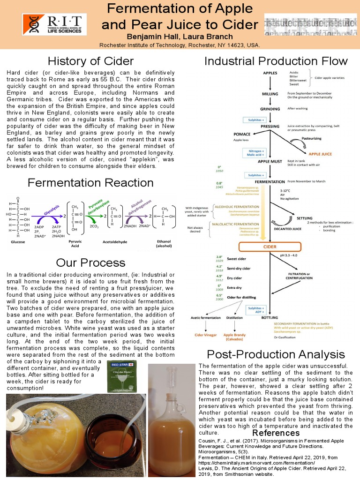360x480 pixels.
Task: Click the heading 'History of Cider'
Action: pos(90,61)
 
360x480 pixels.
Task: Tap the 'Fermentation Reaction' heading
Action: pos(90,182)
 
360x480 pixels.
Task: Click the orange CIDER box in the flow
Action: pos(270,247)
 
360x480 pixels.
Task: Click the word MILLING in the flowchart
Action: pos(270,94)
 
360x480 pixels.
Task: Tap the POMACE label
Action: pos(242,134)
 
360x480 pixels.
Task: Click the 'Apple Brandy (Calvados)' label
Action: pos(235,337)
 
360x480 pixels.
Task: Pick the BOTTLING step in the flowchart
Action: pos(270,317)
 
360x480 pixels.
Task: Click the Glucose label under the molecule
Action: pos(18,242)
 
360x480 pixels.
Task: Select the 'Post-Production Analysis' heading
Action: pos(276,354)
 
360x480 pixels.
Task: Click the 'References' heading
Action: pos(275,433)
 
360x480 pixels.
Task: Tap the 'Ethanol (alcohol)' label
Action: pos(164,244)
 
